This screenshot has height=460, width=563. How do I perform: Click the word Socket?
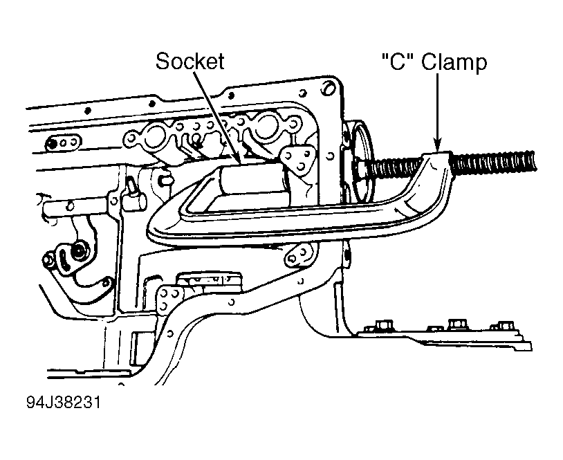(x=190, y=61)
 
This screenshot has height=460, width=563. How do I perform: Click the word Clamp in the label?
(x=454, y=62)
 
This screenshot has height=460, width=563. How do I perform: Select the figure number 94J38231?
(x=64, y=403)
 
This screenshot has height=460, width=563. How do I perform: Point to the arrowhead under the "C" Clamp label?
(x=437, y=145)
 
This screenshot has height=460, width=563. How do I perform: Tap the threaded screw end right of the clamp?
(x=493, y=161)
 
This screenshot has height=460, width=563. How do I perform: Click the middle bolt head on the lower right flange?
(x=456, y=324)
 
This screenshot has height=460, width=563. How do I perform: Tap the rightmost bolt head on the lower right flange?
(x=505, y=326)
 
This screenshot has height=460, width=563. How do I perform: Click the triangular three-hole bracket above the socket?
(x=297, y=159)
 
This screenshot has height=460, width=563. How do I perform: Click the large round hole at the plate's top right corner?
(x=327, y=89)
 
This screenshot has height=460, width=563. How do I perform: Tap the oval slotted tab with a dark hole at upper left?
(x=62, y=142)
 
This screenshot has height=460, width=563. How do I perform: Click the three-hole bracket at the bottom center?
(x=169, y=297)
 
